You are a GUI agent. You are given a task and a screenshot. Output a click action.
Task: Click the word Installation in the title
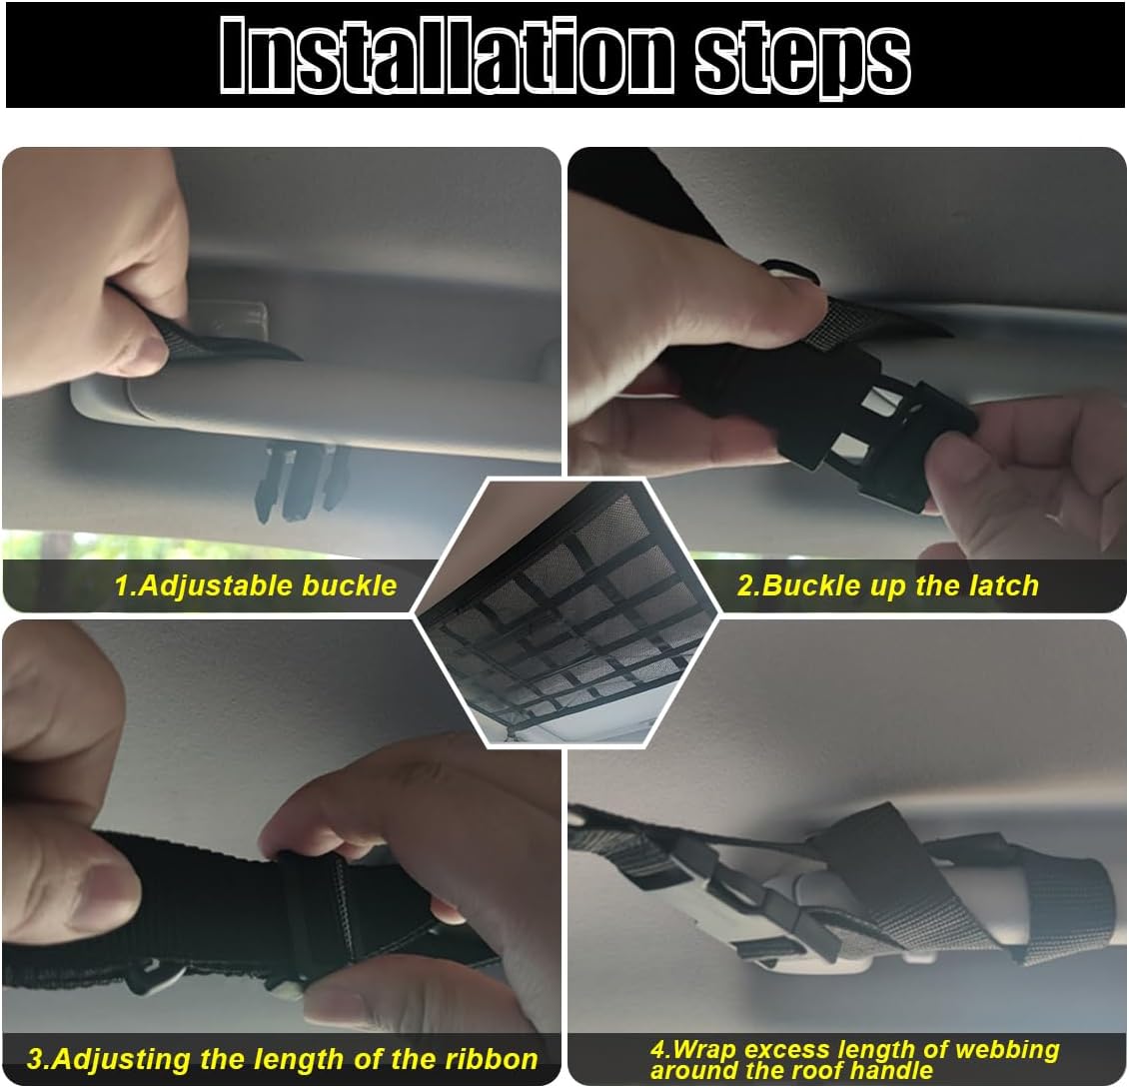point(448,55)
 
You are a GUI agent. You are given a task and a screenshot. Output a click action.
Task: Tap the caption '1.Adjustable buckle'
point(256,585)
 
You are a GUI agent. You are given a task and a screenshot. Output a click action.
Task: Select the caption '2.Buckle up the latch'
point(888,586)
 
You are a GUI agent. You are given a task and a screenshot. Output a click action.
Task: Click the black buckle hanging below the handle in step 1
point(301,481)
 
